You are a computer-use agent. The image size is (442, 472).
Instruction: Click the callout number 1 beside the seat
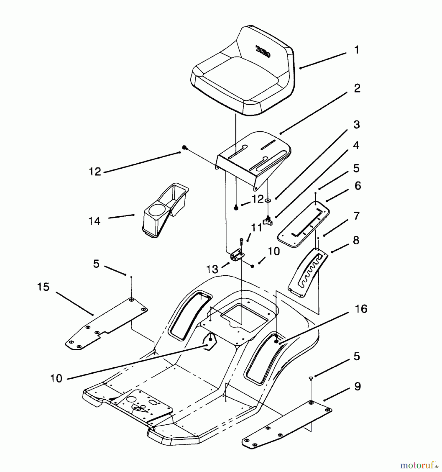(357, 50)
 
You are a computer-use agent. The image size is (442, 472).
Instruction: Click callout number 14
(94, 221)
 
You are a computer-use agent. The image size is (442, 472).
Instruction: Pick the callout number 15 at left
(43, 287)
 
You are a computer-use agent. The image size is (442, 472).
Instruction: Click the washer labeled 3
(268, 200)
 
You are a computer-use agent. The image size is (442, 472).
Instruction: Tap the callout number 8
(356, 240)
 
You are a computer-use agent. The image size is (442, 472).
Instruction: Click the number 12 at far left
(95, 172)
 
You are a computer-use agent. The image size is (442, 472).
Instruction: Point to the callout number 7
(356, 216)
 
